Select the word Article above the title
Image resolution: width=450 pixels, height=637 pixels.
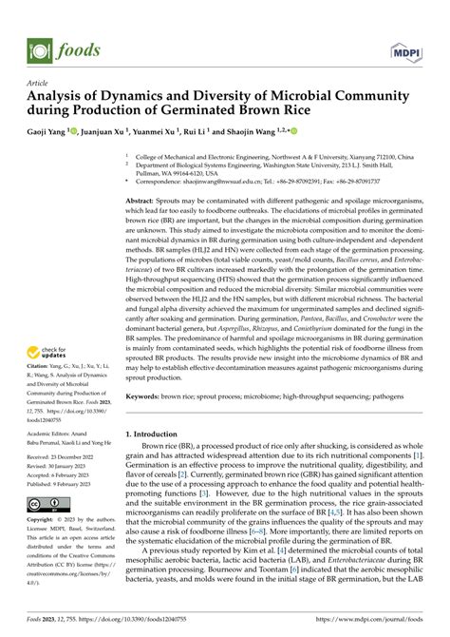point(38,83)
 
